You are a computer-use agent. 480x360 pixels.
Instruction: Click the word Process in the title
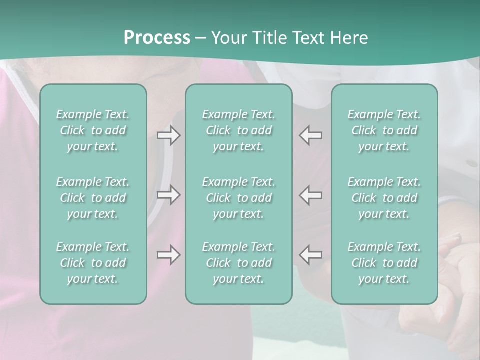coord(157,38)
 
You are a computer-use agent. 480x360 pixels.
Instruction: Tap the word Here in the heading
coord(348,38)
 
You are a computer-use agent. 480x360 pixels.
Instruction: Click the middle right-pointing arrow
coord(169,194)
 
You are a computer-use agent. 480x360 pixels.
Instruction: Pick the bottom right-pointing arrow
coord(169,255)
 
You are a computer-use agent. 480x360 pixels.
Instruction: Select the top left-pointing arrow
coord(310,135)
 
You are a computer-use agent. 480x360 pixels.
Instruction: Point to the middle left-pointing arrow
coord(310,194)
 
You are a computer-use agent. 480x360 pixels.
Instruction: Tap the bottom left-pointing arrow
coord(310,254)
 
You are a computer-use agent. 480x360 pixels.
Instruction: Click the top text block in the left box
coord(93,130)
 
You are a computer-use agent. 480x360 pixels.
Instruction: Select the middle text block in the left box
coord(93,198)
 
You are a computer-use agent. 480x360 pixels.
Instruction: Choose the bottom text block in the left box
coord(93,263)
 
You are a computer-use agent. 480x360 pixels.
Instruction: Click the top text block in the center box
coord(239,130)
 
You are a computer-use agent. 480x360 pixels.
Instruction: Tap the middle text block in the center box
coord(239,198)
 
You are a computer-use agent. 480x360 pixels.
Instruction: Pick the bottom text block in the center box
coord(239,263)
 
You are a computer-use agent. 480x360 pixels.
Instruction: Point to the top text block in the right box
coord(384,130)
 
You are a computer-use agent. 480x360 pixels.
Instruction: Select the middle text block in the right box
coord(384,198)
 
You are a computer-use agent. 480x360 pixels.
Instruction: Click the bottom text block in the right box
coord(384,263)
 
